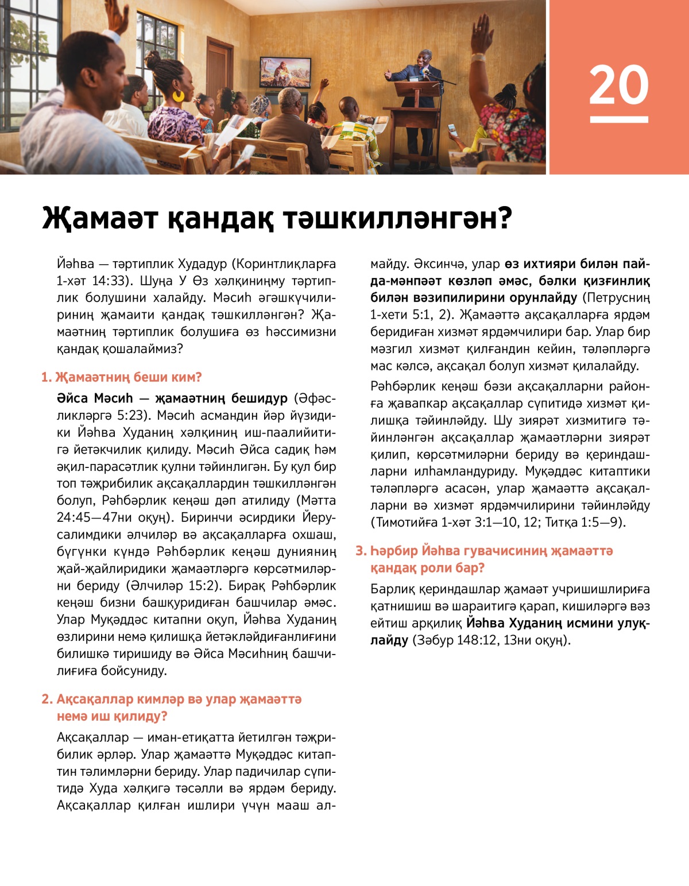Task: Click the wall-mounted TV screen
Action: point(285,72)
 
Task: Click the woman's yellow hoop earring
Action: point(179,95)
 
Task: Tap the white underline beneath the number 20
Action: point(618,119)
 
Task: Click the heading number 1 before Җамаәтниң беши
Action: point(45,377)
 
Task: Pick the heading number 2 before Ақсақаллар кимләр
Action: point(46,699)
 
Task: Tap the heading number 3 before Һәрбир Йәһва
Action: point(360,551)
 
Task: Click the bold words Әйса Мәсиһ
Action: point(95,398)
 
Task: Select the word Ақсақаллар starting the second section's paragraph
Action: point(92,737)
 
